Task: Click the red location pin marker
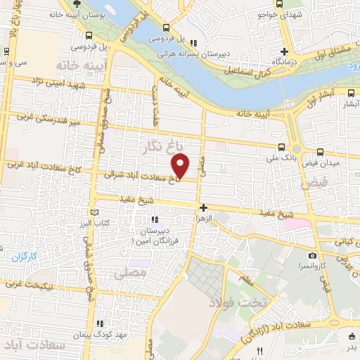click(x=181, y=165)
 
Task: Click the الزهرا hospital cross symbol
click(x=203, y=207)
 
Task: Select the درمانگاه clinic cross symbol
click(x=284, y=51)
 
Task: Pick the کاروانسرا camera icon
click(x=312, y=255)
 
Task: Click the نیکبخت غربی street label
click(x=35, y=285)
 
